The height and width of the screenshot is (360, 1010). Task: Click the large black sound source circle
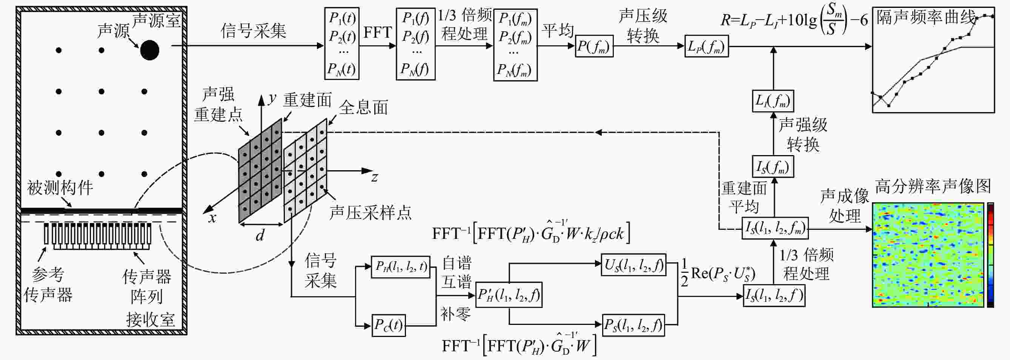[x=149, y=50]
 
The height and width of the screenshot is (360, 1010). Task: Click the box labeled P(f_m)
[x=594, y=46]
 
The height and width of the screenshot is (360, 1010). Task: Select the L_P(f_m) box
[x=706, y=46]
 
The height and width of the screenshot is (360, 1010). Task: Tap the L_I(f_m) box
[x=772, y=101]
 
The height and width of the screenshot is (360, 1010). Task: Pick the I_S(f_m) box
[x=772, y=166]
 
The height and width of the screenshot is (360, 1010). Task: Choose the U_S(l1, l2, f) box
[x=633, y=265]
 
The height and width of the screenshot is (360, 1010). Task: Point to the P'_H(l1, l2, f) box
[x=509, y=294]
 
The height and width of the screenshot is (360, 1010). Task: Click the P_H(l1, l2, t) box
[x=400, y=267]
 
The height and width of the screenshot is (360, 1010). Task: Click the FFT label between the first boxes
[x=377, y=32]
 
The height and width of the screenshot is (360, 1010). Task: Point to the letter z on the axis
[x=375, y=178]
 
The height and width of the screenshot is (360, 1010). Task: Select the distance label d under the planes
[x=260, y=236]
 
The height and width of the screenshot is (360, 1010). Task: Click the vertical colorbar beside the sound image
[x=990, y=254]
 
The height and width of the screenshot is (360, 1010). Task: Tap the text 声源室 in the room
[x=156, y=20]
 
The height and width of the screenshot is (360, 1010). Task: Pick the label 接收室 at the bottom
[x=150, y=320]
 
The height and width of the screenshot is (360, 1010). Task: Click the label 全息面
[x=363, y=108]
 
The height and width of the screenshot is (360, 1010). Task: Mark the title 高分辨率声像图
[x=933, y=186]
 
